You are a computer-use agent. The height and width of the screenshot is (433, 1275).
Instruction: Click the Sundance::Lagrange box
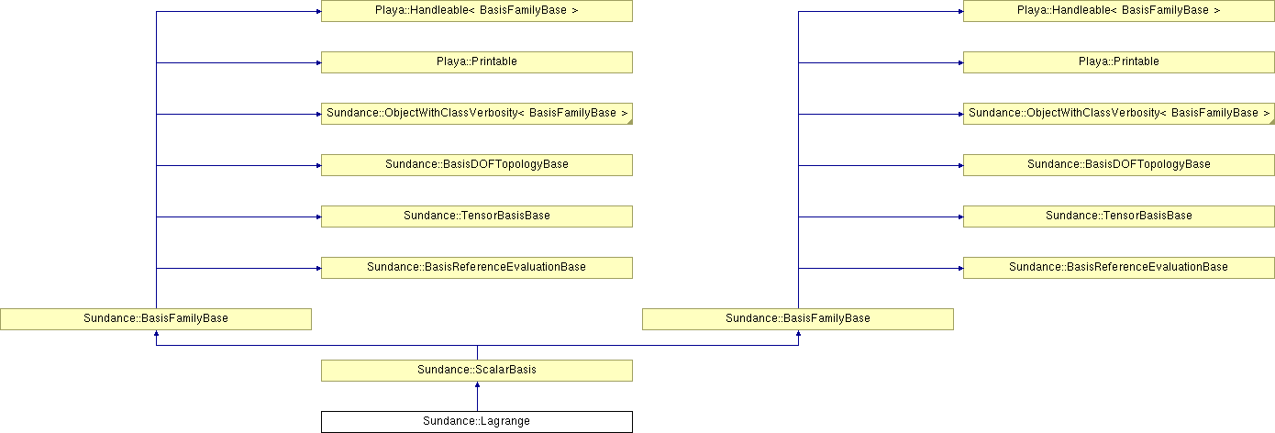(476, 422)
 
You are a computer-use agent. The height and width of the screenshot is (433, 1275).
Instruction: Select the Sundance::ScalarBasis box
(476, 371)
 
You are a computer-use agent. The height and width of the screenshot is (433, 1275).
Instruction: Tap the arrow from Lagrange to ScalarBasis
(477, 396)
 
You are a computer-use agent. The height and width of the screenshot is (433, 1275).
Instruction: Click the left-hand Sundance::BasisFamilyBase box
(155, 319)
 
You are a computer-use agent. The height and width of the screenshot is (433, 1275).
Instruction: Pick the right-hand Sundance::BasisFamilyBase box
(797, 319)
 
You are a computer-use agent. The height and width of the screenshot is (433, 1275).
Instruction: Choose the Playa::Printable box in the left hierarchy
(476, 62)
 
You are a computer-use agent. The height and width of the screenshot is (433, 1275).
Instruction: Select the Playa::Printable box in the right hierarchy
(1118, 62)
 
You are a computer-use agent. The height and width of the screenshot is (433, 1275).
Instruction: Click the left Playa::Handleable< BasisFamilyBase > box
(476, 11)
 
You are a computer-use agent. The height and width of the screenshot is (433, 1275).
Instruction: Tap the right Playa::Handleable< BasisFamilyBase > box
(1118, 11)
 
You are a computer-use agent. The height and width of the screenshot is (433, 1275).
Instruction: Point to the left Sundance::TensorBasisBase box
(476, 216)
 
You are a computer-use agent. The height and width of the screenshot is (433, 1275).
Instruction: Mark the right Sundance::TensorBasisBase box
(1118, 216)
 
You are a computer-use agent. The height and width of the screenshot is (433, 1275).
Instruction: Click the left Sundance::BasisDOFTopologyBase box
(476, 165)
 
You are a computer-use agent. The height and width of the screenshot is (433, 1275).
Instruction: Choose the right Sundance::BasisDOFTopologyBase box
(1118, 165)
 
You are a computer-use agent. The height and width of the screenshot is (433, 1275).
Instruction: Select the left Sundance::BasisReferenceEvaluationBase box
(476, 268)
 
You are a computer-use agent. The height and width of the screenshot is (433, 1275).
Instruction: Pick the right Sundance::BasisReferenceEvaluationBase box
(1118, 268)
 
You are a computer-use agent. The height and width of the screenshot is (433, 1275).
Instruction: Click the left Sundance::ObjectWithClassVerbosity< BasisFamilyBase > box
(476, 114)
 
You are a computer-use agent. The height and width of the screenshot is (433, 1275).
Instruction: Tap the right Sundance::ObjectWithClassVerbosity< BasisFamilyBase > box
(1118, 114)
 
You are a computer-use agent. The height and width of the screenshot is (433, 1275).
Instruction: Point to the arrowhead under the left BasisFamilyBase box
(156, 333)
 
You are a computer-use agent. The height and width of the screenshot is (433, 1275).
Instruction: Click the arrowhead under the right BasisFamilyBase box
(798, 333)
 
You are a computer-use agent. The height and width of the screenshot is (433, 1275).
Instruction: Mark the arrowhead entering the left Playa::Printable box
(318, 62)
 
